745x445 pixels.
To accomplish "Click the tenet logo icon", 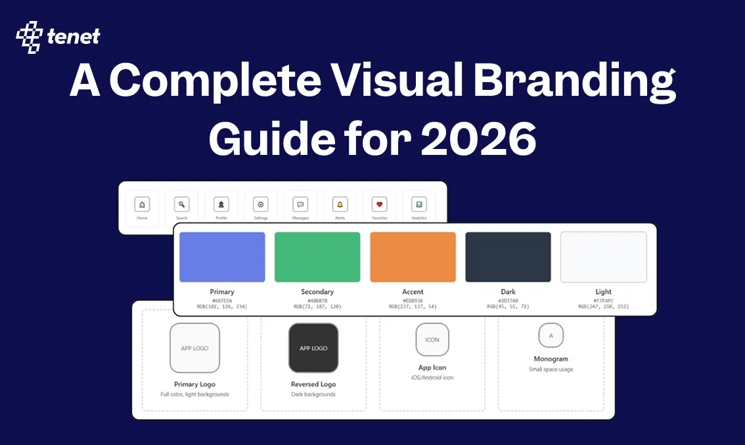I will tap(29, 37).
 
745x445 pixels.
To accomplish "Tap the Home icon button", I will tap(143, 203).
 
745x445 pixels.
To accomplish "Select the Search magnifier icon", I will tap(182, 203).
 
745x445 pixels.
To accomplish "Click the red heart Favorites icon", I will tap(380, 203).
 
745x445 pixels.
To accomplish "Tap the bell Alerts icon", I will tap(340, 203).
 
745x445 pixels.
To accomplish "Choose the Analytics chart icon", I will tap(419, 203).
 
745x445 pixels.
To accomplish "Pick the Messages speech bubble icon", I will tap(300, 203).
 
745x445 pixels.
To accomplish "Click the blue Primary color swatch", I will tap(222, 257).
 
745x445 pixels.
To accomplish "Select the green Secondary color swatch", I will tap(317, 257).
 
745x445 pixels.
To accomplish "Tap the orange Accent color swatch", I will tap(413, 257).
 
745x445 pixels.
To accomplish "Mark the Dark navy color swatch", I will tap(508, 257).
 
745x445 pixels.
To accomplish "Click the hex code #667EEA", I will tap(222, 300).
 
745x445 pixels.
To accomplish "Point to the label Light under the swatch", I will tap(603, 292).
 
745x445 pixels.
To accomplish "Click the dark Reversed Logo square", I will tap(313, 348).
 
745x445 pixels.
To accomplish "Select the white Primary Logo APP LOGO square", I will tap(194, 348).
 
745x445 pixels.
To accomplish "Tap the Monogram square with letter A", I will tap(551, 335).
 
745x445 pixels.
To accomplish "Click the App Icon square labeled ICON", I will tap(432, 339).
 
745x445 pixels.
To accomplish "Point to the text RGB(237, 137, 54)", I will tap(413, 307).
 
